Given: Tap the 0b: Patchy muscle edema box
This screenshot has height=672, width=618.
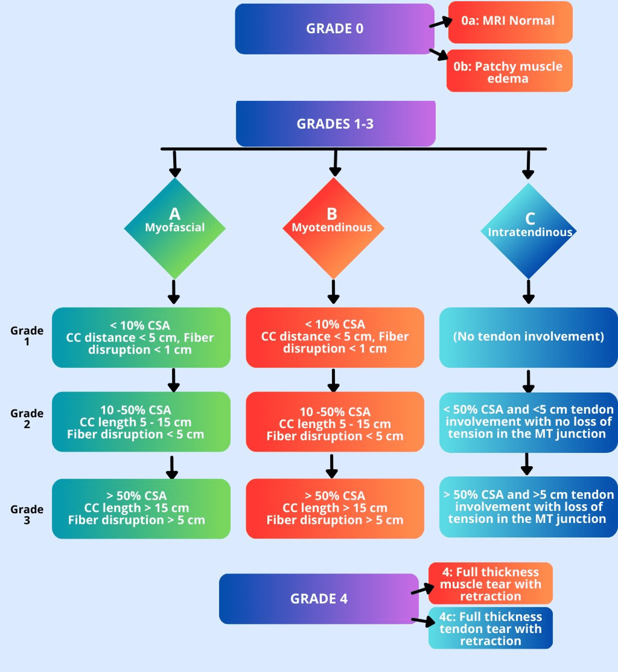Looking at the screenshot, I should click(x=509, y=71).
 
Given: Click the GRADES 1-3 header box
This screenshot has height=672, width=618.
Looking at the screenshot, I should click(x=335, y=124).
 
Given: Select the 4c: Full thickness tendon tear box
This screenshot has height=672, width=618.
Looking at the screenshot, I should click(x=490, y=628).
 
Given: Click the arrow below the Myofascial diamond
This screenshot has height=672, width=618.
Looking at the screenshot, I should click(x=174, y=292).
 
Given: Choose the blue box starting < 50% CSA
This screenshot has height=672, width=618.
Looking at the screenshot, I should click(x=528, y=422).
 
